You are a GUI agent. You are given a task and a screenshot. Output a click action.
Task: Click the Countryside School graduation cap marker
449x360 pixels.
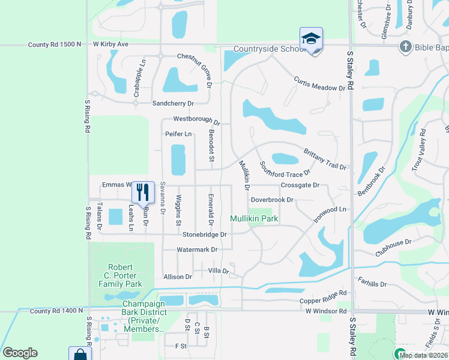click(x=311, y=39)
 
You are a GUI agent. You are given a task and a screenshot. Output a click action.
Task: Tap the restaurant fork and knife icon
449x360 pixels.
click(x=143, y=192)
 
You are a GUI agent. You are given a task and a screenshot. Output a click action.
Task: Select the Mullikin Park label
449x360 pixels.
click(x=255, y=219)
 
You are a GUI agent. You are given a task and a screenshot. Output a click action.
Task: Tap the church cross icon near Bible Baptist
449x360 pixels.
click(x=406, y=46)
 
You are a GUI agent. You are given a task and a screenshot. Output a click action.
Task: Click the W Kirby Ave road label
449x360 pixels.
click(x=111, y=44)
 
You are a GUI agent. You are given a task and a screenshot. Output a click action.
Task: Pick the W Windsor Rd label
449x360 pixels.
click(x=326, y=311)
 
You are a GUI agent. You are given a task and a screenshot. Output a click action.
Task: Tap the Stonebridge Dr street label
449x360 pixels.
click(x=205, y=235)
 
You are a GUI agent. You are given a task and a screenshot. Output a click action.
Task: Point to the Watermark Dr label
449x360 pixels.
click(x=196, y=249)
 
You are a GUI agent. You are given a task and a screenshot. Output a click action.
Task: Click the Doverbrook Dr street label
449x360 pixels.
click(x=272, y=200)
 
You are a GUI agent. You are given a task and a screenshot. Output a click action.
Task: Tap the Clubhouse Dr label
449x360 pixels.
click(x=393, y=247)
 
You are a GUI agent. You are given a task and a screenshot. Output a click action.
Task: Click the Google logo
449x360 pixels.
click(x=20, y=353)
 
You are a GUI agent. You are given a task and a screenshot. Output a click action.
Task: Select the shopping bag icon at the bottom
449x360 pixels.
click(x=79, y=354)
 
